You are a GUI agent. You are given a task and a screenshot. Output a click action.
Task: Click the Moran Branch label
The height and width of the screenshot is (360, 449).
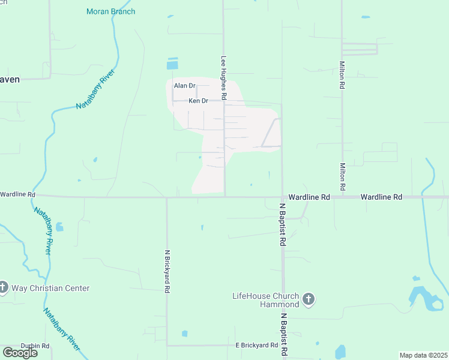pos(111,11)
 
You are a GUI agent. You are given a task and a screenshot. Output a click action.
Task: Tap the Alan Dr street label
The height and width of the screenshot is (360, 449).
pos(185,86)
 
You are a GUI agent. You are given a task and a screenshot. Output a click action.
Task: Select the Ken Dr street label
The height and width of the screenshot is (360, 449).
pos(198,101)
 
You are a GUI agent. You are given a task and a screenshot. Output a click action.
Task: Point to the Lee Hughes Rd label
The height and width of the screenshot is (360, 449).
pos(223,77)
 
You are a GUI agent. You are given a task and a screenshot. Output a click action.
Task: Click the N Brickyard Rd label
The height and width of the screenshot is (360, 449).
pos(167,271)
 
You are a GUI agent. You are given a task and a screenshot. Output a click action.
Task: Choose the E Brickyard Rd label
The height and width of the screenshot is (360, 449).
pos(256,345)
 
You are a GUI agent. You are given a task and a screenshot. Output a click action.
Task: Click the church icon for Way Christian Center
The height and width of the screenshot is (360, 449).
pos(3,288)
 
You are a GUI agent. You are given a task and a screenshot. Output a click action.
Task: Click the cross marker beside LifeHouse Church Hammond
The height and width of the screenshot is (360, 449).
pos(309,299)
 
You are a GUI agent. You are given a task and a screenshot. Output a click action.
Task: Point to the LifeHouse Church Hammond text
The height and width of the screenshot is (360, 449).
pos(265,300)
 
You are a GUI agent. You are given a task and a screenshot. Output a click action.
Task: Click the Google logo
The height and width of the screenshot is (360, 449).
pos(20,352)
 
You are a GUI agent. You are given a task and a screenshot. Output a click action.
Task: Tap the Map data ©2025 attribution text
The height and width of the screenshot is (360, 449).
pos(423,355)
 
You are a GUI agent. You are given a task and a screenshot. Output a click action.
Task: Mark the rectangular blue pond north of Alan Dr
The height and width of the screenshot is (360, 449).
pos(173,63)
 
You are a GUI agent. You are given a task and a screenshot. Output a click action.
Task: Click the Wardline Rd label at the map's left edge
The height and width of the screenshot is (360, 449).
pos(17,194)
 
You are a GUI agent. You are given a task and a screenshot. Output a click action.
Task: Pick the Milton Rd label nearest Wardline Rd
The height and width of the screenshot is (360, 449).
pos(342,177)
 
